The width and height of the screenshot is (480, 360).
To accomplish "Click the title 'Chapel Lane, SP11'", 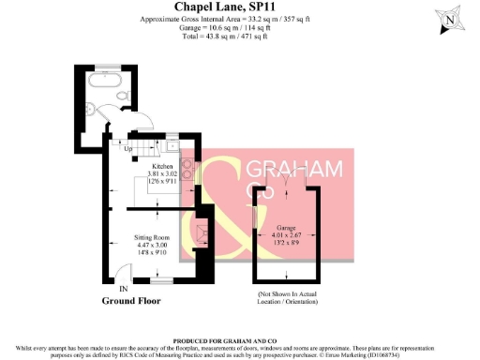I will pos(241,7).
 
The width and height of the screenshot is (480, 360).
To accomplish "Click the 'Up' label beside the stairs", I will pos(127,148).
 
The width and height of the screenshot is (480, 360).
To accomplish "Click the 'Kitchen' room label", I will pos(150,166).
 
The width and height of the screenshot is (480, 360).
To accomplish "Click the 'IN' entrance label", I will pos(123,290).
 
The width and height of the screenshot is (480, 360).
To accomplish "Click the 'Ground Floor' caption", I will pos(131,302).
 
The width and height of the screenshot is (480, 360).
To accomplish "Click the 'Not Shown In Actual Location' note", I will pos(286,299).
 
